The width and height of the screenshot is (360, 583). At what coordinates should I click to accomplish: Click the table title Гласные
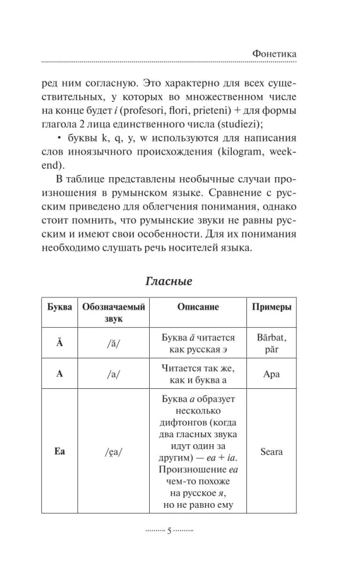pos(168,280)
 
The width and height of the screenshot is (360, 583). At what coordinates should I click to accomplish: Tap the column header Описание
pos(197,307)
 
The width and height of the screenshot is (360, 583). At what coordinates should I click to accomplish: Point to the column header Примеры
pos(271,307)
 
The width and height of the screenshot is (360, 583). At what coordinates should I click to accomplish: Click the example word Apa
pos(271,374)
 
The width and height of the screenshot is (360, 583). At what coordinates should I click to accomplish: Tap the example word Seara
pos(271,451)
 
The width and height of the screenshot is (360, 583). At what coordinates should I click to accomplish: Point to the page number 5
pos(169,531)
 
